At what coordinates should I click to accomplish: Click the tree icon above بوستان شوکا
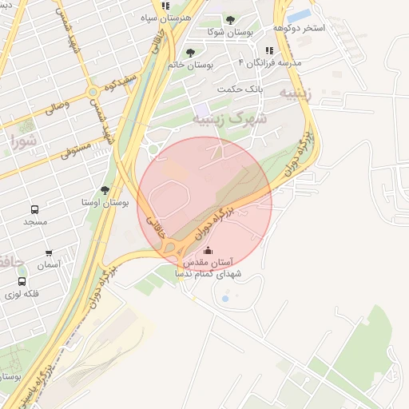(230, 20)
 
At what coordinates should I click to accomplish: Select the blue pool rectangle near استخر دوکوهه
(299, 16)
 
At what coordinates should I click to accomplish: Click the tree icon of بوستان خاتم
(190, 53)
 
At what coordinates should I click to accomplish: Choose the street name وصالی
(55, 106)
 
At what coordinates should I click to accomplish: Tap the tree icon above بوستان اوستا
(105, 190)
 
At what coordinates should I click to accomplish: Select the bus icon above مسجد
(35, 209)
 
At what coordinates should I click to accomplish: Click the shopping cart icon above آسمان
(49, 253)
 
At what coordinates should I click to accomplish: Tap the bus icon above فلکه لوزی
(21, 281)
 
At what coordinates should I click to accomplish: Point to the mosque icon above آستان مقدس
(208, 251)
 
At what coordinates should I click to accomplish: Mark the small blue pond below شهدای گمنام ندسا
(224, 299)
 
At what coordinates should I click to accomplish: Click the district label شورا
(24, 141)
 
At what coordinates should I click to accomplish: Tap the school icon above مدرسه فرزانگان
(268, 51)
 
